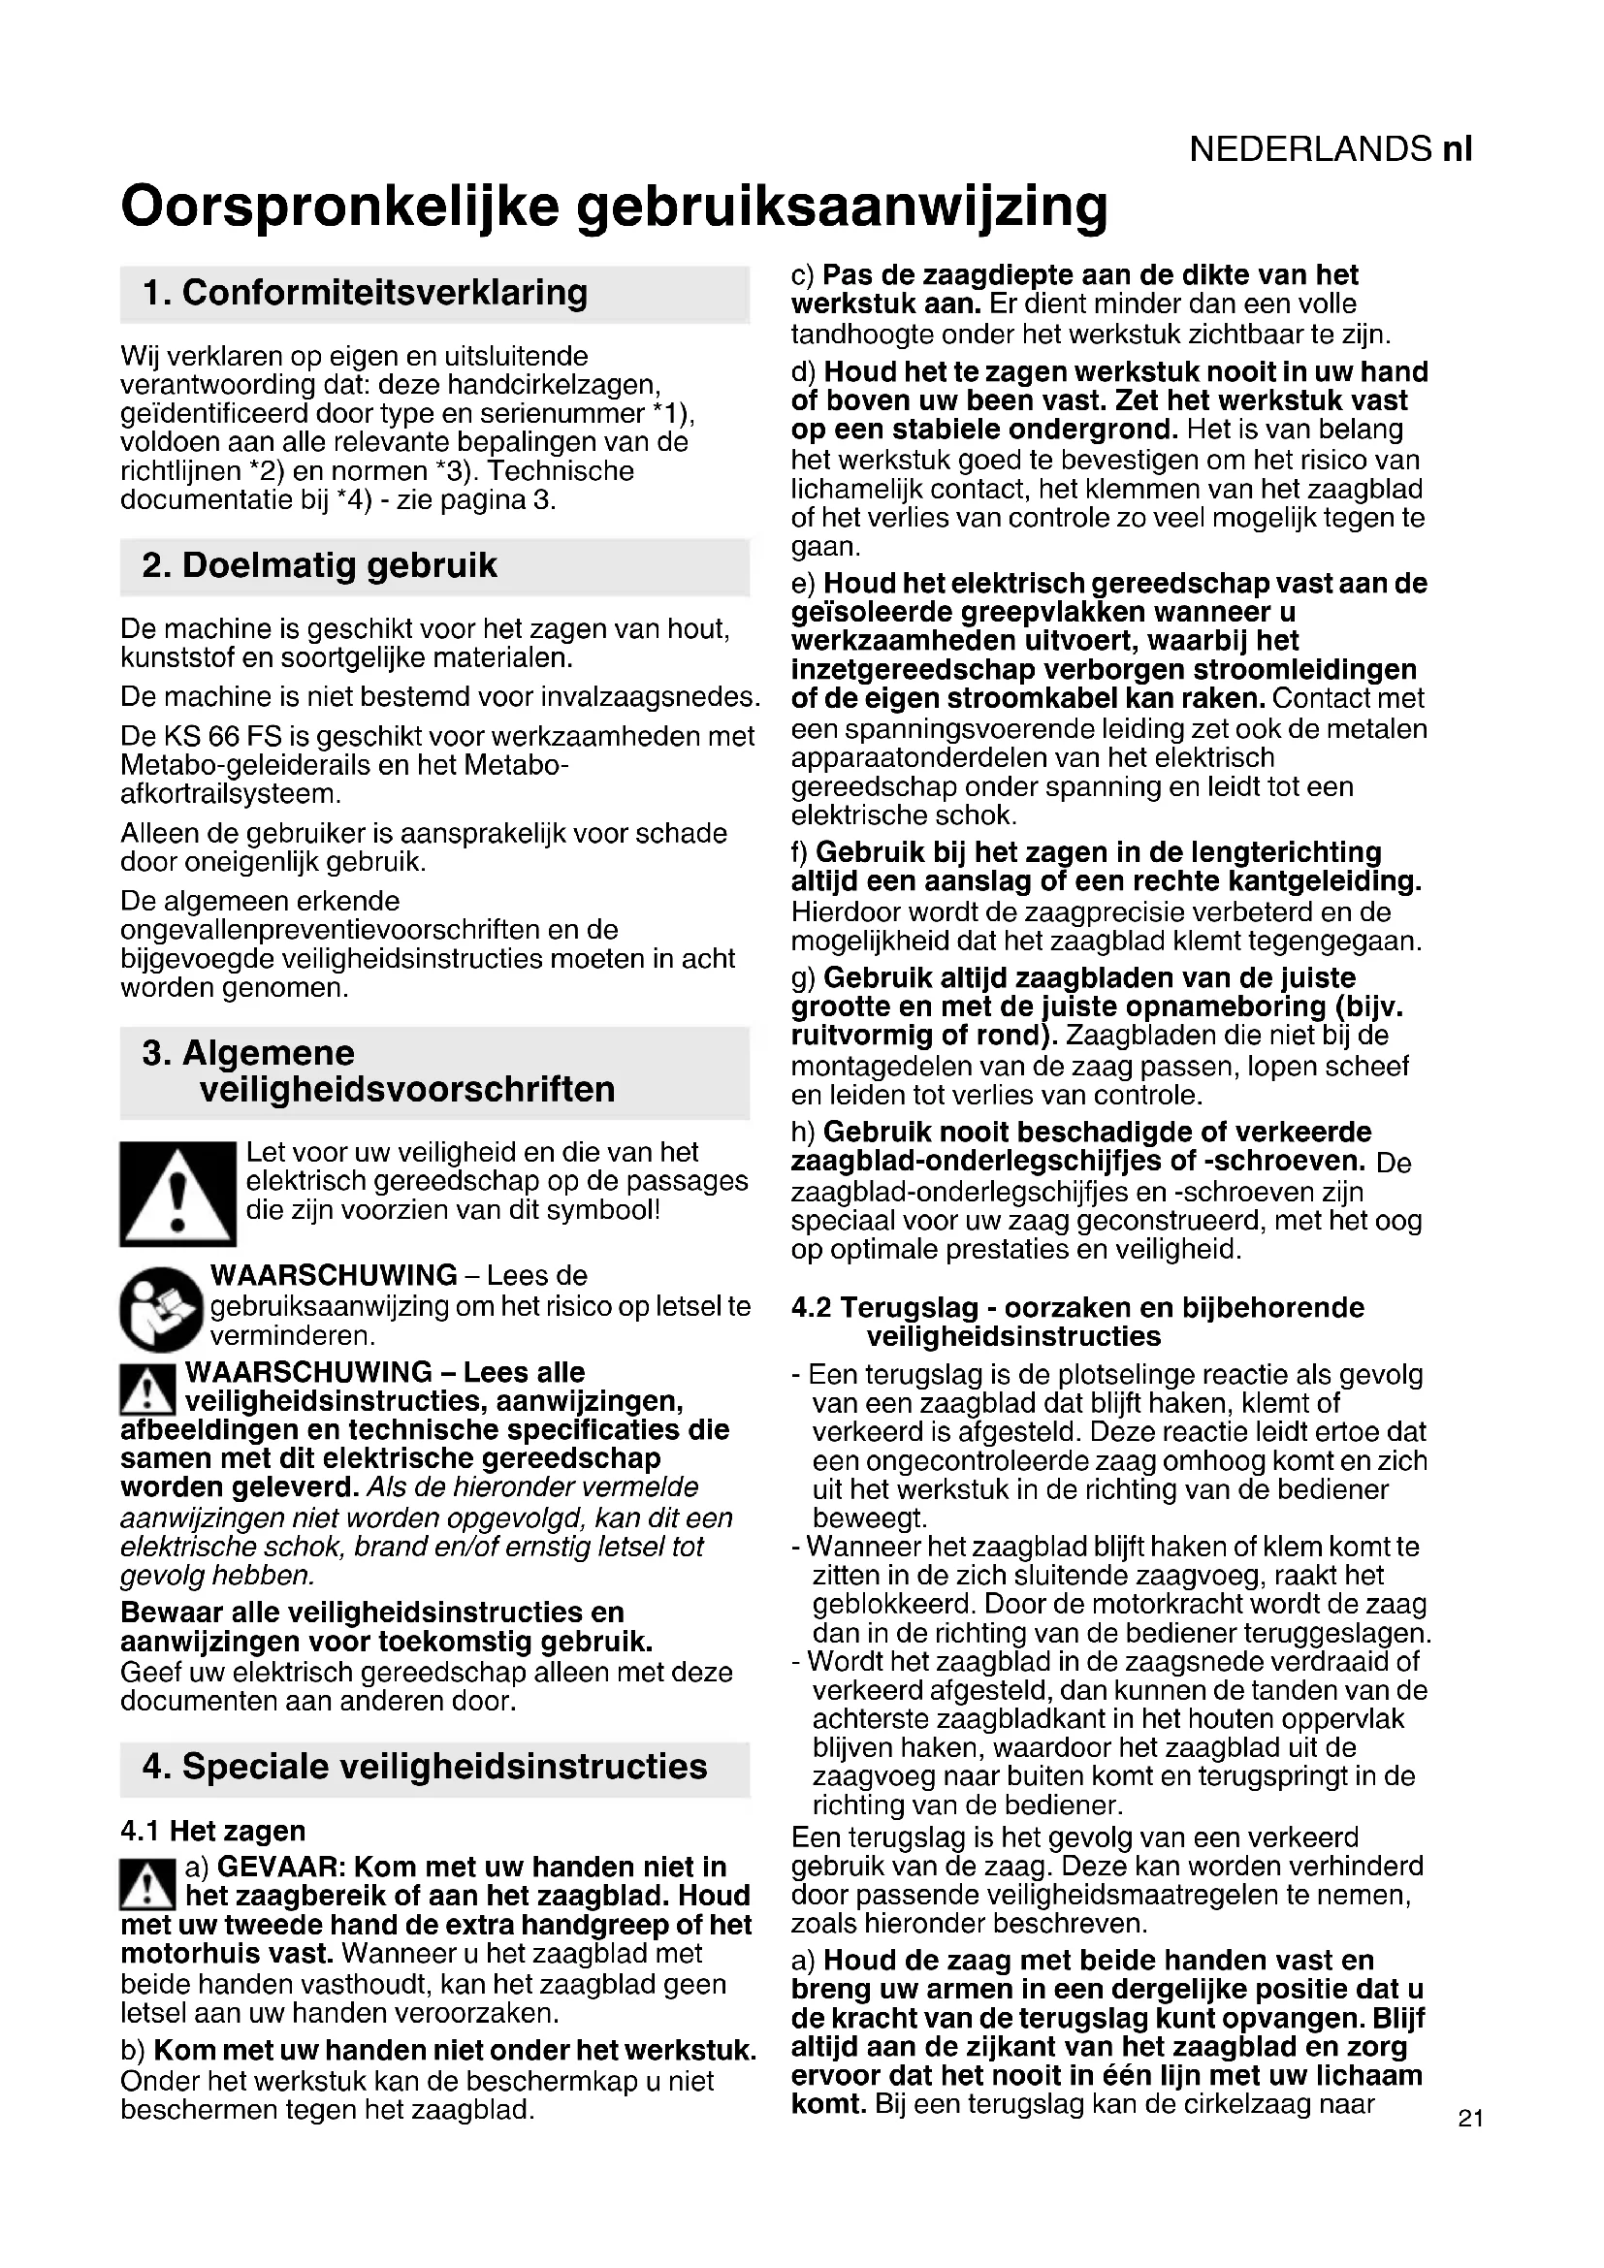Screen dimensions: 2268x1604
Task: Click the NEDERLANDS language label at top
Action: (1309, 149)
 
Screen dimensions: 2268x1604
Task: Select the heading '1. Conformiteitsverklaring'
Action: (365, 293)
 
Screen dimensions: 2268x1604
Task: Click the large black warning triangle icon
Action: (177, 1194)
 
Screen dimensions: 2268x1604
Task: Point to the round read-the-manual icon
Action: (161, 1308)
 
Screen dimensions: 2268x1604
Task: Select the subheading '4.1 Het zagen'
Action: (212, 1830)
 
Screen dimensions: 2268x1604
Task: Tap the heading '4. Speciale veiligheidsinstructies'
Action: (425, 1766)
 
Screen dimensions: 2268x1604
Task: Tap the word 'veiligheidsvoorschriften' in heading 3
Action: (407, 1090)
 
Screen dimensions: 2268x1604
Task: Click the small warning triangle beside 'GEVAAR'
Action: (147, 1883)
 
